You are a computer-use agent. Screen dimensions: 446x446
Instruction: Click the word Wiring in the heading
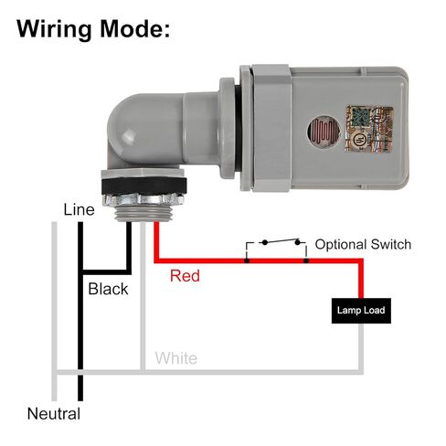click(x=54, y=29)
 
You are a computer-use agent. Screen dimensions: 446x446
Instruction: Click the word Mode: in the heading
click(x=135, y=28)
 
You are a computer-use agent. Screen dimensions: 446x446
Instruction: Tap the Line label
click(x=79, y=209)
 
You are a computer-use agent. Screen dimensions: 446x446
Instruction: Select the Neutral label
click(x=54, y=414)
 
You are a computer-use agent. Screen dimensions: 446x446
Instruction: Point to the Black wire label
click(x=108, y=289)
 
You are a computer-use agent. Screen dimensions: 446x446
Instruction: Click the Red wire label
click(x=185, y=276)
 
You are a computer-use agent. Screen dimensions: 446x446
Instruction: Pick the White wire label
click(x=176, y=358)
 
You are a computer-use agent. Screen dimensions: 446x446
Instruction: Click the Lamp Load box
click(x=361, y=311)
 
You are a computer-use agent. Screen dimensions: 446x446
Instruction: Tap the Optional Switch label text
click(x=363, y=245)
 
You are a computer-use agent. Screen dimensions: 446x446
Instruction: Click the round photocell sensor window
click(x=324, y=131)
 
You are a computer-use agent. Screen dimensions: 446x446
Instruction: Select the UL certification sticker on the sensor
click(x=368, y=128)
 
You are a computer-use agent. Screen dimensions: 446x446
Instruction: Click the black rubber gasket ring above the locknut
click(x=143, y=186)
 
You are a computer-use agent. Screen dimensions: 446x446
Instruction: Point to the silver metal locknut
click(x=143, y=199)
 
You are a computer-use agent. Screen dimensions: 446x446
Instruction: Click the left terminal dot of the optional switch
click(x=265, y=242)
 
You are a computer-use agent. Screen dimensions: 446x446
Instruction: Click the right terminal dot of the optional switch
click(x=297, y=242)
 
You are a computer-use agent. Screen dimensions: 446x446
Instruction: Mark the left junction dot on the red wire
click(x=247, y=260)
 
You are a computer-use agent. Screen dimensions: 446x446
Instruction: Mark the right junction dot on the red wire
click(x=306, y=260)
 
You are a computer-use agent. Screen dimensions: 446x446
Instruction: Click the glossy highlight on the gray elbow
click(x=129, y=135)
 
